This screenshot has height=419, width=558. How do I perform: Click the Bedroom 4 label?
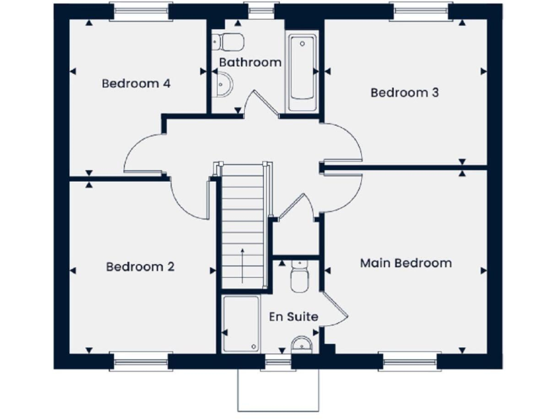point(136,83)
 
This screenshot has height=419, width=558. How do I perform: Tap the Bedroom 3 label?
point(405,92)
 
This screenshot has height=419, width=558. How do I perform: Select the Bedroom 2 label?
point(140,266)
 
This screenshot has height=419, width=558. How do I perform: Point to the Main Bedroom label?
point(405,263)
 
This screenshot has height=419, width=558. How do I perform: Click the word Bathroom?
point(250,63)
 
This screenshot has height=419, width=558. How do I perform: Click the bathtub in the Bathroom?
point(301,73)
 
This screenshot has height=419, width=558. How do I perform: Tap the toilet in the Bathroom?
point(232,40)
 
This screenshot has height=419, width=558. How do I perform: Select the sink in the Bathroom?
point(225,86)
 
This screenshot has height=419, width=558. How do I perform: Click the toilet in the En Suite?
point(299,276)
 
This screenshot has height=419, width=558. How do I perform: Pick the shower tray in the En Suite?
point(240,324)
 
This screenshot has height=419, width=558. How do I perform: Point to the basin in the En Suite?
point(300,343)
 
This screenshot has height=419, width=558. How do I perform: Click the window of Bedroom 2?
point(141,360)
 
